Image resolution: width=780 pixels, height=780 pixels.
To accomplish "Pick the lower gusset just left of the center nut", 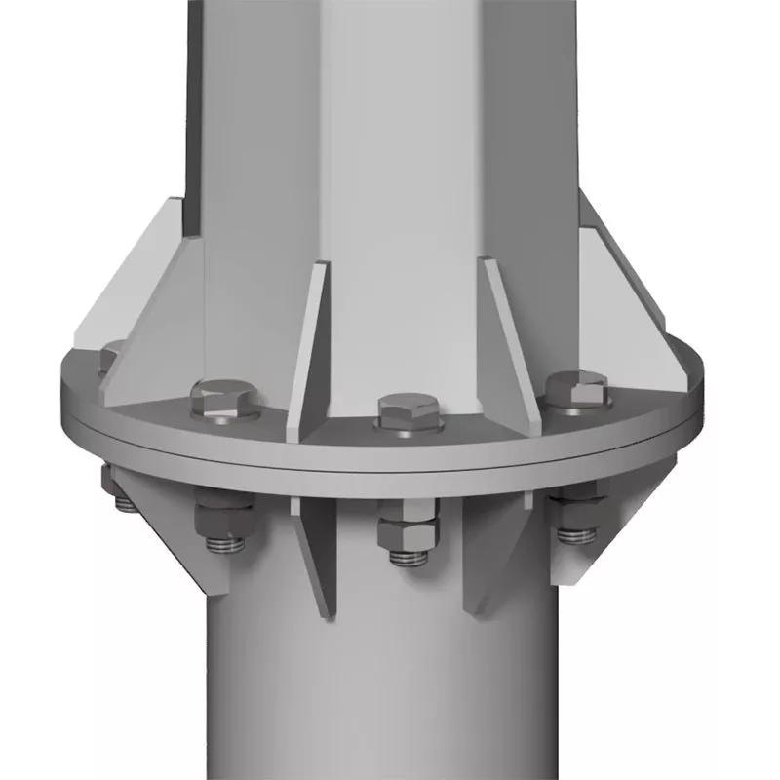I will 317,556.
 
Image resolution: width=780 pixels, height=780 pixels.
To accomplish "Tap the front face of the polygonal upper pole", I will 400,146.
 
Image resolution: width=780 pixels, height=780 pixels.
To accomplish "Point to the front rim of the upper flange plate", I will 390,453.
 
